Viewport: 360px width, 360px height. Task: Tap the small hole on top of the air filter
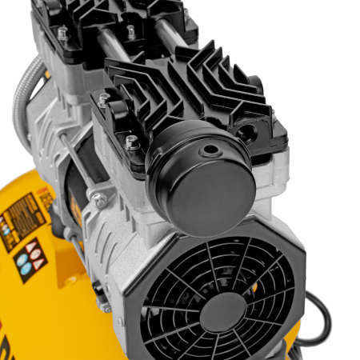pyautogui.click(x=210, y=149)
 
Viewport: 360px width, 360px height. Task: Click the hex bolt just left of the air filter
pyautogui.click(x=132, y=142)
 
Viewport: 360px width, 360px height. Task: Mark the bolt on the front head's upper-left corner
pyautogui.click(x=103, y=100)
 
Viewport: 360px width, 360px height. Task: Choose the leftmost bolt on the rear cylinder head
pyautogui.click(x=62, y=34)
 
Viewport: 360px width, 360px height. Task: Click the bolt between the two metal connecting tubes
pyautogui.click(x=131, y=31)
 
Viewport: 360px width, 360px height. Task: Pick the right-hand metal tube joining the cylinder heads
pyautogui.click(x=163, y=40)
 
